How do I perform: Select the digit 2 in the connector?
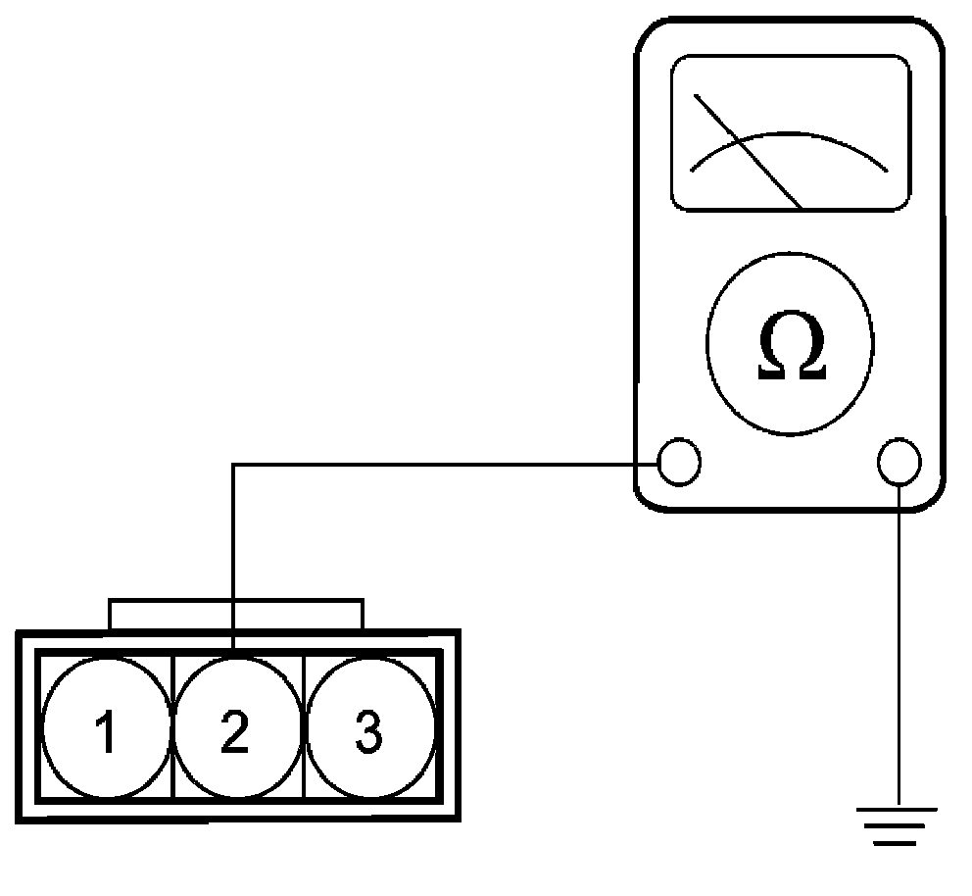click(235, 733)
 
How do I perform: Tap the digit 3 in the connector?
click(367, 733)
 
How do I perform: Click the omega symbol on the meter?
click(792, 349)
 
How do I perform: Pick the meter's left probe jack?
click(679, 462)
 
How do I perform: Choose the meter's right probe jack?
click(899, 462)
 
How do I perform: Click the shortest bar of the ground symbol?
click(899, 843)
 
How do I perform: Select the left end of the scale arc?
click(693, 170)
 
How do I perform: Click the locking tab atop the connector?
click(235, 614)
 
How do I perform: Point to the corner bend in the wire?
click(232, 465)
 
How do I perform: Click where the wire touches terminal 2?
click(232, 650)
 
